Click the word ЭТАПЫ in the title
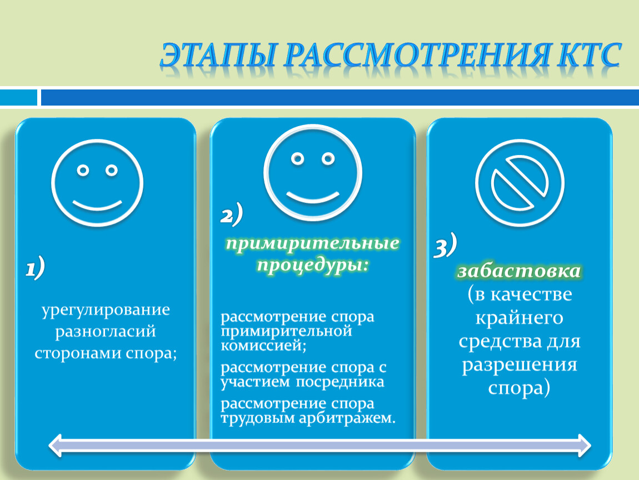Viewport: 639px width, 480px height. [218, 54]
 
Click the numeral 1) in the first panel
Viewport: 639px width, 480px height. [35, 268]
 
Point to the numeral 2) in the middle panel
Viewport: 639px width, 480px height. [232, 214]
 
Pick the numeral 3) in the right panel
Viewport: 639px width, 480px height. [445, 246]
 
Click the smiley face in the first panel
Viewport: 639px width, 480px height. [97, 183]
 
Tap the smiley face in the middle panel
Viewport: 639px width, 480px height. [313, 173]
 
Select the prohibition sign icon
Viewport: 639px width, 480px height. [520, 183]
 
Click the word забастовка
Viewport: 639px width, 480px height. [519, 271]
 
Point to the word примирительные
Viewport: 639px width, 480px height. [313, 244]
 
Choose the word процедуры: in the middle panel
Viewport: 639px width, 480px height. [313, 266]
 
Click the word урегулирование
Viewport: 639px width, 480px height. [106, 309]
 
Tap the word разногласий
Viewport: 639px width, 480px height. [106, 331]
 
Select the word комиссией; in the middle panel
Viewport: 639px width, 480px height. [263, 346]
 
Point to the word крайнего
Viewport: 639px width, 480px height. [519, 318]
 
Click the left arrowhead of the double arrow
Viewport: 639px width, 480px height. [56, 446]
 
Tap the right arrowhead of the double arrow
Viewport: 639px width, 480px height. [583, 446]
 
